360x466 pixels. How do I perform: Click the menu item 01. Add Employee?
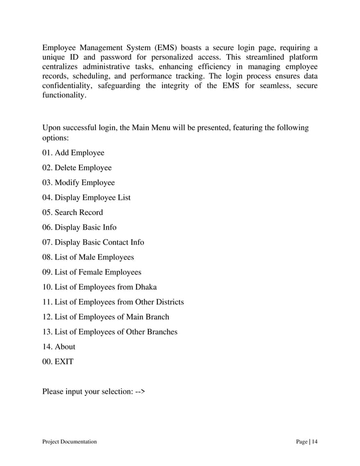pyautogui.click(x=73, y=152)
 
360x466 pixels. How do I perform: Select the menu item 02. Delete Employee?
pyautogui.click(x=77, y=168)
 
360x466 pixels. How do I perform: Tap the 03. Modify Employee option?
pyautogui.click(x=78, y=183)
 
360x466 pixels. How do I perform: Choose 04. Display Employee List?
pyautogui.click(x=86, y=197)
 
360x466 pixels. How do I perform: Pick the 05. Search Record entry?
pyautogui.click(x=73, y=213)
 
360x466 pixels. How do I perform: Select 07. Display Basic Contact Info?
pyautogui.click(x=93, y=242)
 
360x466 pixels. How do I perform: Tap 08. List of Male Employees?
pyautogui.click(x=88, y=257)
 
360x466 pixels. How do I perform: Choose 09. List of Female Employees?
pyautogui.click(x=92, y=272)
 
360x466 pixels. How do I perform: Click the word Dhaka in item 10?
pyautogui.click(x=146, y=287)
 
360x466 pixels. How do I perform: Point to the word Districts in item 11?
pyautogui.click(x=167, y=302)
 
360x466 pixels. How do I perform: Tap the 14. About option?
pyautogui.click(x=59, y=346)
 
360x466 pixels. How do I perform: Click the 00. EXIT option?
pyautogui.click(x=58, y=362)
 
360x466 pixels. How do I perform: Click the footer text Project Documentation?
pyautogui.click(x=69, y=442)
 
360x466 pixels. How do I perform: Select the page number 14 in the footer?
pyautogui.click(x=314, y=442)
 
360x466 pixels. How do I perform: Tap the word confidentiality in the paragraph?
pyautogui.click(x=69, y=86)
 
